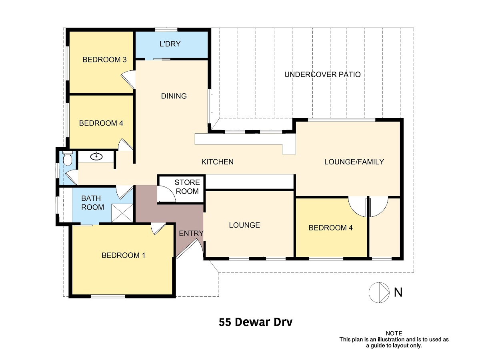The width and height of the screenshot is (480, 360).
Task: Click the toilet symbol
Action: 67,158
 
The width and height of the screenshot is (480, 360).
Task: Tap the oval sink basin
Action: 96,156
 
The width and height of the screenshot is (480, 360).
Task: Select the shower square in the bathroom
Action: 122,213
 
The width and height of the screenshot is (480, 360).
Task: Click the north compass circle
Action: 379,292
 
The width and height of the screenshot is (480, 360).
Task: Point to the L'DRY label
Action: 170,44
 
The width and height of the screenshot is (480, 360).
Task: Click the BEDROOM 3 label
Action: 104,60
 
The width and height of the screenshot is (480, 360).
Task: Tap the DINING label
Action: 174,96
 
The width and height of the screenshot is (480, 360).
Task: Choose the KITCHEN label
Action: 217,162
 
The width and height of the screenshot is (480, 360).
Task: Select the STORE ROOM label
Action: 187,187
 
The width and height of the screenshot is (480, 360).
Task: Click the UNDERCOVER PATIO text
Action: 322,74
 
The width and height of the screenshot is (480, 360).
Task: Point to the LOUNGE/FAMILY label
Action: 354,162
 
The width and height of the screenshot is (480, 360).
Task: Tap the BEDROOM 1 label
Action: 123,255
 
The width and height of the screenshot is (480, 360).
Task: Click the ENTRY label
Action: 191,234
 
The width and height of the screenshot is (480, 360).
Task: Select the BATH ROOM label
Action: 92,203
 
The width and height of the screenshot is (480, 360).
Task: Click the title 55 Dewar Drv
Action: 256,322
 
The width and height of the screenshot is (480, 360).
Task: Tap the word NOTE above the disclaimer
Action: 394,333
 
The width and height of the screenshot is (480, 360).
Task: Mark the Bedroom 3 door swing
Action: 128,79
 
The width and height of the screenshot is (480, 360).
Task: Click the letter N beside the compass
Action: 398,292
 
